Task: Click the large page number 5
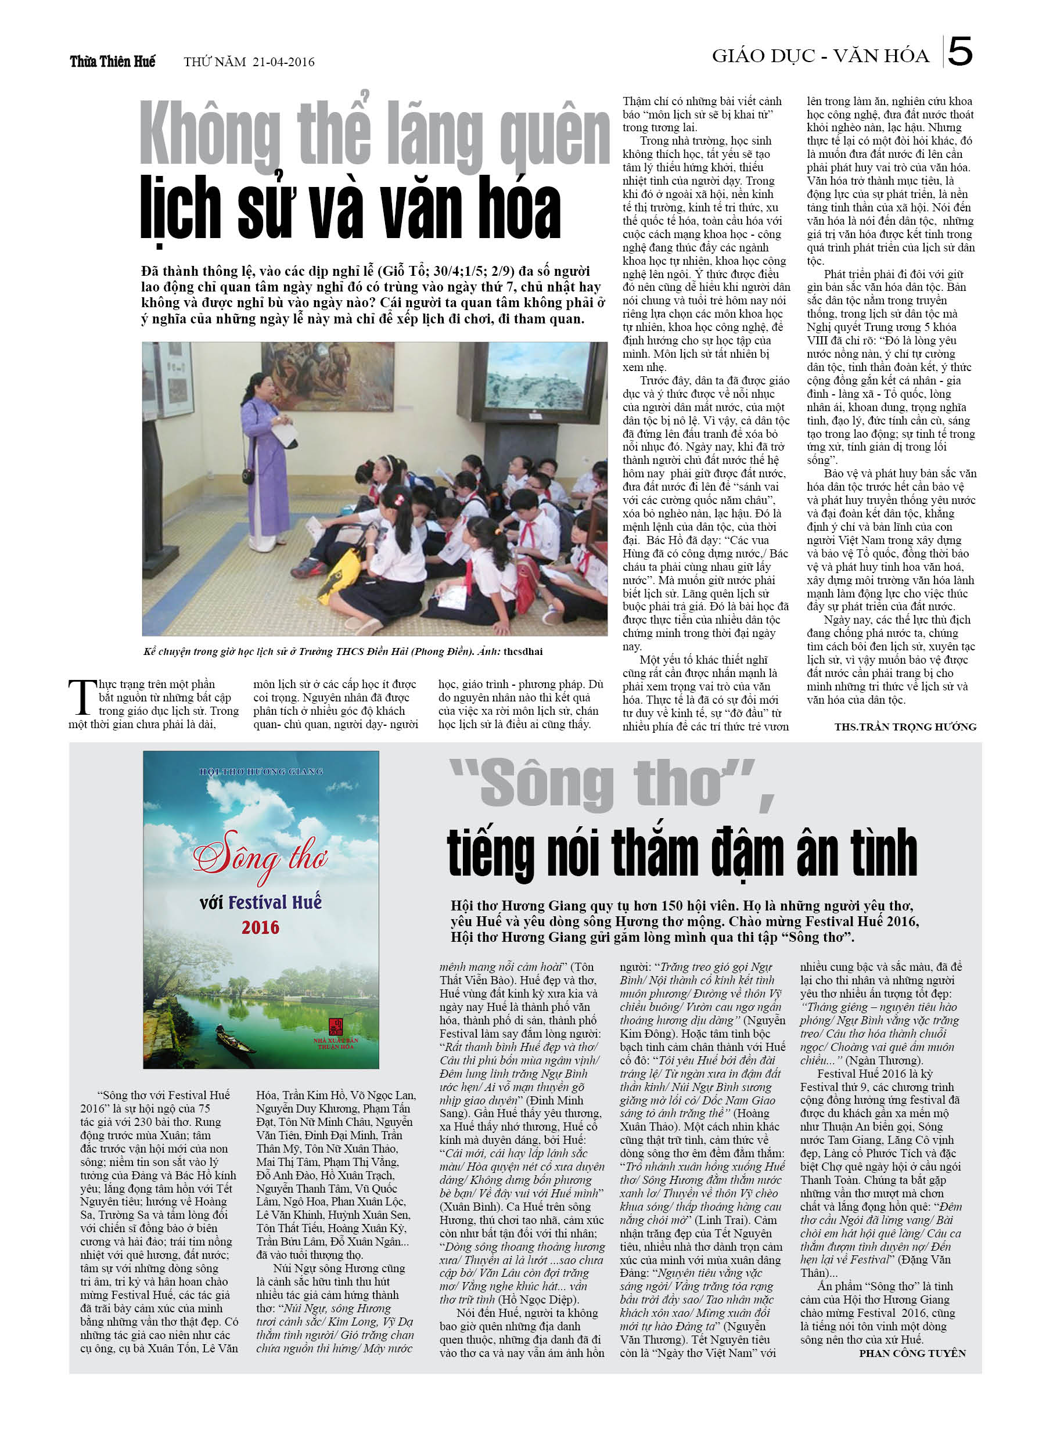959,52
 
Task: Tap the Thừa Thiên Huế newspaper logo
113,62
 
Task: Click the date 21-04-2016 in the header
283,62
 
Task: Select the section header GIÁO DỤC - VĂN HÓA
820,56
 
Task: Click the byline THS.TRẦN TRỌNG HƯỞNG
905,726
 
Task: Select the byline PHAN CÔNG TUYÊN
912,1353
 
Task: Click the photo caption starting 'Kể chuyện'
343,651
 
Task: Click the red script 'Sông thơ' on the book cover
260,856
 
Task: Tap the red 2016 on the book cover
260,928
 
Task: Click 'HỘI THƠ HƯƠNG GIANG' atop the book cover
261,772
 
